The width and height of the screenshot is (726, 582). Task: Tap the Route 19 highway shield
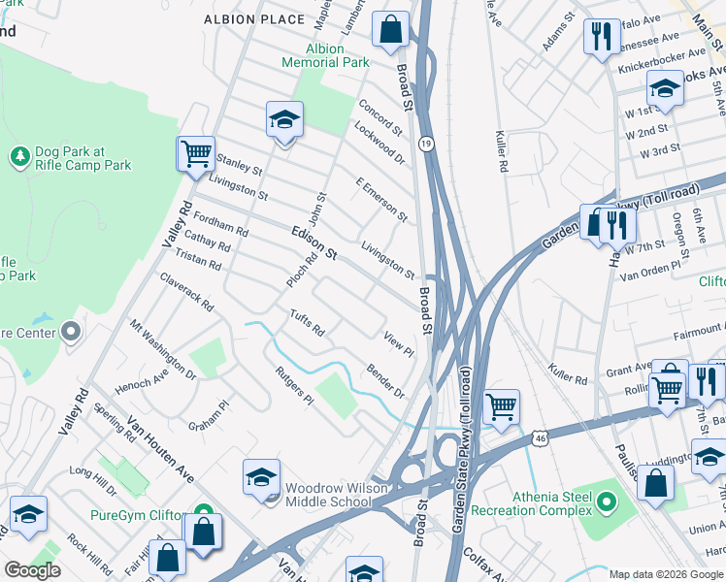point(425,144)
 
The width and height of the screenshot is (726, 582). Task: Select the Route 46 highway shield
point(541,439)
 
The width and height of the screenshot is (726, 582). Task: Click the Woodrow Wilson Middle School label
point(327,495)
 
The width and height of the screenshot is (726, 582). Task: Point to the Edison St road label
point(313,242)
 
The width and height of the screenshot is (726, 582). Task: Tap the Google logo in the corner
point(32,570)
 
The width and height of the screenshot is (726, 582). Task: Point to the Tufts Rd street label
point(306,323)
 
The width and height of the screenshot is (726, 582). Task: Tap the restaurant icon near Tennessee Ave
point(602,37)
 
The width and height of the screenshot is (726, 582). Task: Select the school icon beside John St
point(285,120)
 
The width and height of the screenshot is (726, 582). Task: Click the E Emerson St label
point(381,199)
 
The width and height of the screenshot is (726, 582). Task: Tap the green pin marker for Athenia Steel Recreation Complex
point(608,502)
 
